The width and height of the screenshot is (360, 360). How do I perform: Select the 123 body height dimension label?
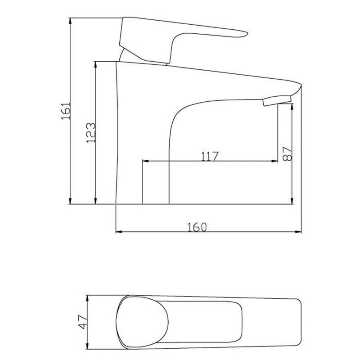pyautogui.click(x=90, y=132)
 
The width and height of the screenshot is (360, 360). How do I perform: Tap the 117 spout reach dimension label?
pyautogui.click(x=210, y=156)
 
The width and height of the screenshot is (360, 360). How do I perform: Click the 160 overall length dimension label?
pyautogui.click(x=198, y=227)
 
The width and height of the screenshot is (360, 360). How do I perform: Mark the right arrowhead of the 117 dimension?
pyautogui.click(x=275, y=161)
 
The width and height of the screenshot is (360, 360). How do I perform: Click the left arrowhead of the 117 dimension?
pyautogui.click(x=145, y=161)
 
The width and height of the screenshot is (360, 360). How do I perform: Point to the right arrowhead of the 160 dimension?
pyautogui.click(x=298, y=232)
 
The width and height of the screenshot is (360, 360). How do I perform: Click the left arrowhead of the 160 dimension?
pyautogui.click(x=119, y=232)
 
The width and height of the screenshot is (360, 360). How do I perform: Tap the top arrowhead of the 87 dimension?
pyautogui.click(x=293, y=105)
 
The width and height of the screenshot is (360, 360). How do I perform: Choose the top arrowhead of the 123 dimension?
pyautogui.click(x=95, y=64)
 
